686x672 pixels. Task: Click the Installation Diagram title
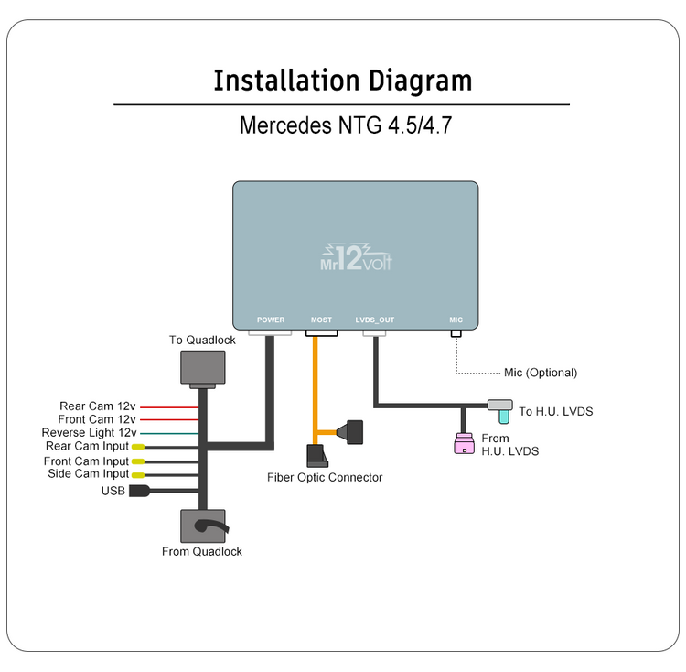(x=342, y=81)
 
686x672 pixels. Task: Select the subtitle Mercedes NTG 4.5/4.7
(x=345, y=125)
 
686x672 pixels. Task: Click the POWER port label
(x=271, y=320)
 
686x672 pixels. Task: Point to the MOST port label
(x=321, y=320)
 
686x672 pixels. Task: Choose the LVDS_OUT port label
(x=375, y=320)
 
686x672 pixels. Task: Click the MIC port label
(x=456, y=320)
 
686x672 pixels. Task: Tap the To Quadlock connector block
(x=202, y=368)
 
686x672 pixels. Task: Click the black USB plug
(x=139, y=491)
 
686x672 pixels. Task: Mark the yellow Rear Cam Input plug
(x=137, y=447)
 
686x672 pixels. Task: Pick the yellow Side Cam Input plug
(x=137, y=475)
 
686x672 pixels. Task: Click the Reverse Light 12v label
(x=89, y=433)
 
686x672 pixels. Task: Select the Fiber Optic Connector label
(x=325, y=477)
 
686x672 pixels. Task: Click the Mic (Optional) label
(x=541, y=373)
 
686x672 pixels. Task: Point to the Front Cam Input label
(x=86, y=461)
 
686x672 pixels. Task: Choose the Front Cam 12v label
(x=97, y=419)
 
